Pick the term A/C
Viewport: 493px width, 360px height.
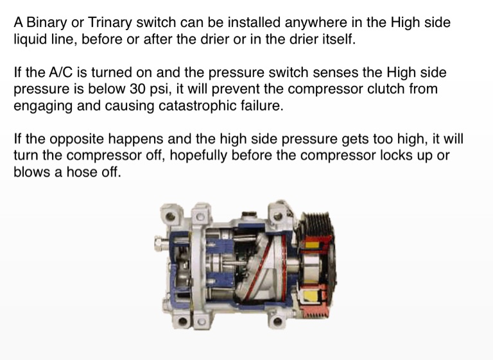click(x=61, y=73)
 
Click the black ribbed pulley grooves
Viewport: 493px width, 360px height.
click(x=316, y=224)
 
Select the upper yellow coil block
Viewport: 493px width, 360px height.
click(x=311, y=244)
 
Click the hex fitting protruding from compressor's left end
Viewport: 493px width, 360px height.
click(x=160, y=243)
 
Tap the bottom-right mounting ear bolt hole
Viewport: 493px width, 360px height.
click(x=277, y=321)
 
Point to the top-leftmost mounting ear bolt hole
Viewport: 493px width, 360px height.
click(x=170, y=216)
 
